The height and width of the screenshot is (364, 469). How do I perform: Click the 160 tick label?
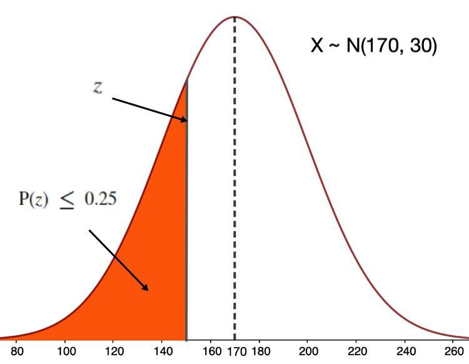[x=211, y=353]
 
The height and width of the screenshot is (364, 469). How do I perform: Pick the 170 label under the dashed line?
[x=234, y=353]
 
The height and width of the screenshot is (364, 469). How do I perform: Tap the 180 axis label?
[x=260, y=353]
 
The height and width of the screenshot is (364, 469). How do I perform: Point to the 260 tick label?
[x=453, y=353]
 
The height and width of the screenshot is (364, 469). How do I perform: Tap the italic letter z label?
[x=98, y=87]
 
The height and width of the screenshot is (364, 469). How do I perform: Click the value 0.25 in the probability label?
[x=100, y=199]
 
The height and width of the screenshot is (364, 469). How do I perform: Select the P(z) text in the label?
[x=33, y=200]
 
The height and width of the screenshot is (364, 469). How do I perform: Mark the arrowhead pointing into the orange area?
[x=146, y=288]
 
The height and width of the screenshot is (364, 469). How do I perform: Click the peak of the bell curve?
[x=234, y=17]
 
